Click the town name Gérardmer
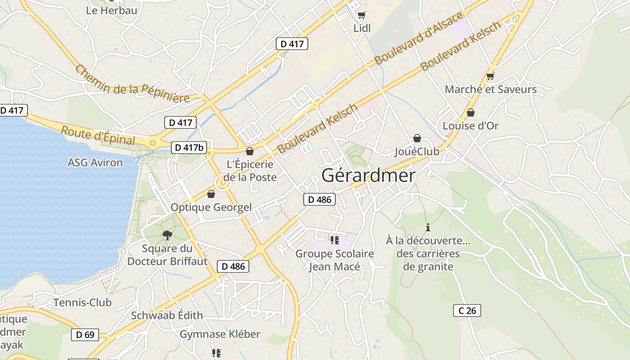coord(369,175)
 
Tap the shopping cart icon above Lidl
coord(361,15)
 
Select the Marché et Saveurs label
coord(490,89)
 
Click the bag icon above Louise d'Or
coord(471,112)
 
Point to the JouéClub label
coord(417,152)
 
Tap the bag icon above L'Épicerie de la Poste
coord(250,151)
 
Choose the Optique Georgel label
coord(211,207)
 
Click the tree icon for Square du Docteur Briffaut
coord(167,234)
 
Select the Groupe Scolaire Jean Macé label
coord(334,260)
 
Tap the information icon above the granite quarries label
coord(427,227)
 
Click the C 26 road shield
coord(467,310)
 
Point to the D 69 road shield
coord(85,334)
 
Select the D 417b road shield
coord(189,147)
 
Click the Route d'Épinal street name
coord(98,135)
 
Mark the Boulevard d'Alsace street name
coord(418,38)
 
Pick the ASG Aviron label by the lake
coord(95,162)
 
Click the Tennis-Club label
coord(82,302)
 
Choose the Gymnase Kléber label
coord(220,334)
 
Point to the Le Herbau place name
coord(112,10)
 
